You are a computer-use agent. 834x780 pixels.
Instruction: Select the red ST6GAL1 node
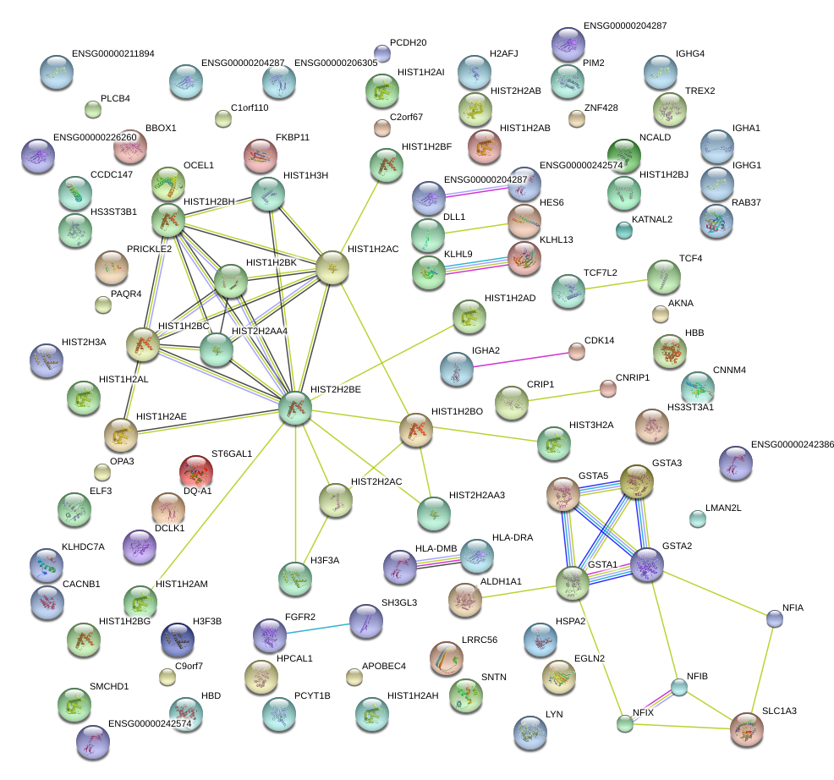[x=195, y=471]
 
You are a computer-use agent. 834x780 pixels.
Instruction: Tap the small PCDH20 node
[x=382, y=54]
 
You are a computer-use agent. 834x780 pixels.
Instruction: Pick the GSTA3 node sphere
[x=637, y=481]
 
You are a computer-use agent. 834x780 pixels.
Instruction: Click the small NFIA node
[x=774, y=618]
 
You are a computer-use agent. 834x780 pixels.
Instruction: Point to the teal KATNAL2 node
[x=624, y=230]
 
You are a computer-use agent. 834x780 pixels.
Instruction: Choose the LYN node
[x=529, y=732]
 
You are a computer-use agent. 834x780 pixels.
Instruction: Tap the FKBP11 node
[x=260, y=154]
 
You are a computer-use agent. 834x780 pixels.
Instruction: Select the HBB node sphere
[x=670, y=350]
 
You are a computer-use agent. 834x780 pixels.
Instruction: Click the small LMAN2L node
[x=697, y=518]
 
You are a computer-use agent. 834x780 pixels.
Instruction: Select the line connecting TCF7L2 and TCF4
[x=615, y=283]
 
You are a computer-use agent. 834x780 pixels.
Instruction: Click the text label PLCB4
[x=115, y=99]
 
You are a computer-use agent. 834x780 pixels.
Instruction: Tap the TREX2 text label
[x=700, y=91]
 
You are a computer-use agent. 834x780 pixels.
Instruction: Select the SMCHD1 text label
[x=109, y=686]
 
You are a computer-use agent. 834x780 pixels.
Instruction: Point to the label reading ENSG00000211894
[x=112, y=53]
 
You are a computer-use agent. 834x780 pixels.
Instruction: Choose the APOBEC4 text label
[x=384, y=666]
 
